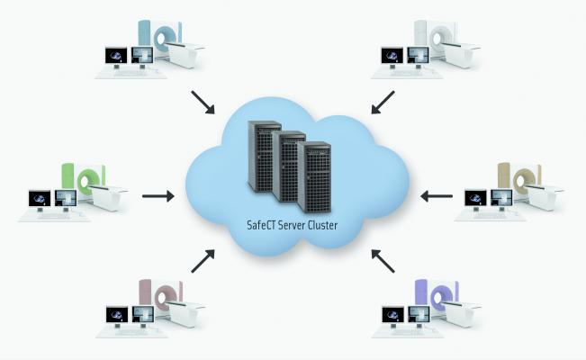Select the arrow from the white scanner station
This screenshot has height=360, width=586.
pyautogui.click(x=383, y=101)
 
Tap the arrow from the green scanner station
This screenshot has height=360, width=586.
pyautogui.click(x=157, y=193)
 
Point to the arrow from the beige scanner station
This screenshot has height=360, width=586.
pyautogui.click(x=437, y=193)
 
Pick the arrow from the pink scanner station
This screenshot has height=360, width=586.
pyautogui.click(x=203, y=261)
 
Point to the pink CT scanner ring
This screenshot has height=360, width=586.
pyautogui.click(x=165, y=298)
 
